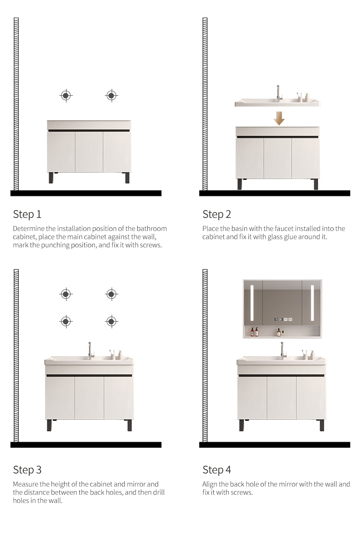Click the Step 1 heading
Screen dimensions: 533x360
coord(27,214)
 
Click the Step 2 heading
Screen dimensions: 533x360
coord(217,214)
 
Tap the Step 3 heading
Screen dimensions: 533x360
coord(27,470)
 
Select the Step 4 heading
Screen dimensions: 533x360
coord(217,470)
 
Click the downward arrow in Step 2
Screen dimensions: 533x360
coord(279,119)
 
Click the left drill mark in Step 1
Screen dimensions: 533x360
coord(66,96)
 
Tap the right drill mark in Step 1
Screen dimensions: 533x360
coord(111,96)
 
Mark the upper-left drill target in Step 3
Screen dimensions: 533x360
coord(66,294)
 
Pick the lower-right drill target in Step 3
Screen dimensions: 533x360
coord(111,322)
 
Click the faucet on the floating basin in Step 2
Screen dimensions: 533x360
coord(279,93)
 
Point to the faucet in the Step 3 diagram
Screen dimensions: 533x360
coord(91,350)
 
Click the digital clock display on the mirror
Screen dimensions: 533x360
coord(278,319)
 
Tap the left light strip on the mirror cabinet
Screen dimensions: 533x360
coord(252,302)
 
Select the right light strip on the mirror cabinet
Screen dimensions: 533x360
coord(313,302)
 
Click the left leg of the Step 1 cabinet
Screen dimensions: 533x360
coord(51,178)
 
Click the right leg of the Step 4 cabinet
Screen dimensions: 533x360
coord(322,425)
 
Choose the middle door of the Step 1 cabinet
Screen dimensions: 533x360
coord(89,152)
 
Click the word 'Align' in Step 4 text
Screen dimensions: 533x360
coord(211,484)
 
